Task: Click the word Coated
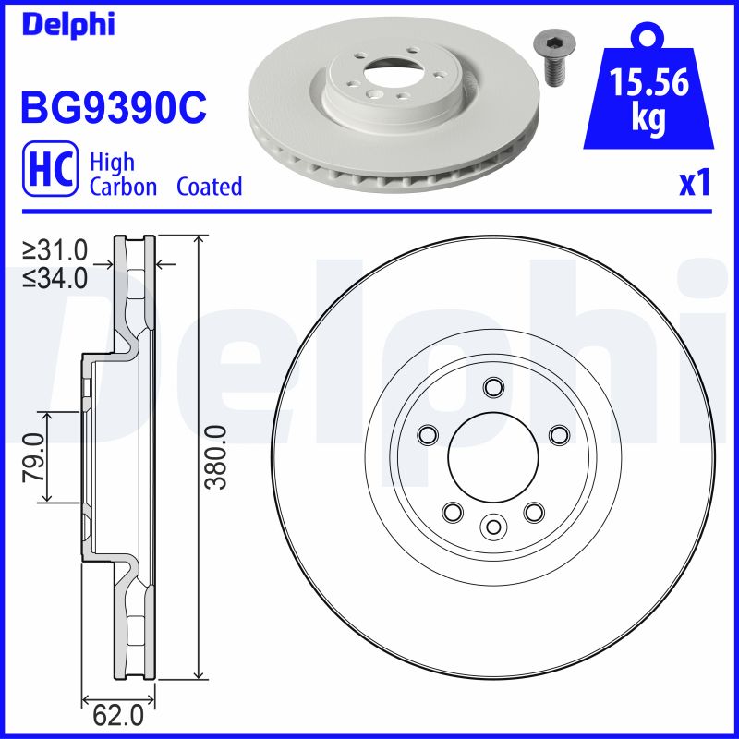(209, 187)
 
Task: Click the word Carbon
(124, 187)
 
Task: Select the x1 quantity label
(694, 185)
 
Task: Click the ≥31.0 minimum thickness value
(55, 249)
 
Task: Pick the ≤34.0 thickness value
(55, 276)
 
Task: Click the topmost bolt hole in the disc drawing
(492, 386)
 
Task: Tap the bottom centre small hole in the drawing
(492, 527)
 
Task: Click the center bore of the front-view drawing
(492, 456)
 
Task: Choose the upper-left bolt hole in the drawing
(427, 434)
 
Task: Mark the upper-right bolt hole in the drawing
(558, 434)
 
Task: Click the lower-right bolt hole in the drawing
(533, 511)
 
